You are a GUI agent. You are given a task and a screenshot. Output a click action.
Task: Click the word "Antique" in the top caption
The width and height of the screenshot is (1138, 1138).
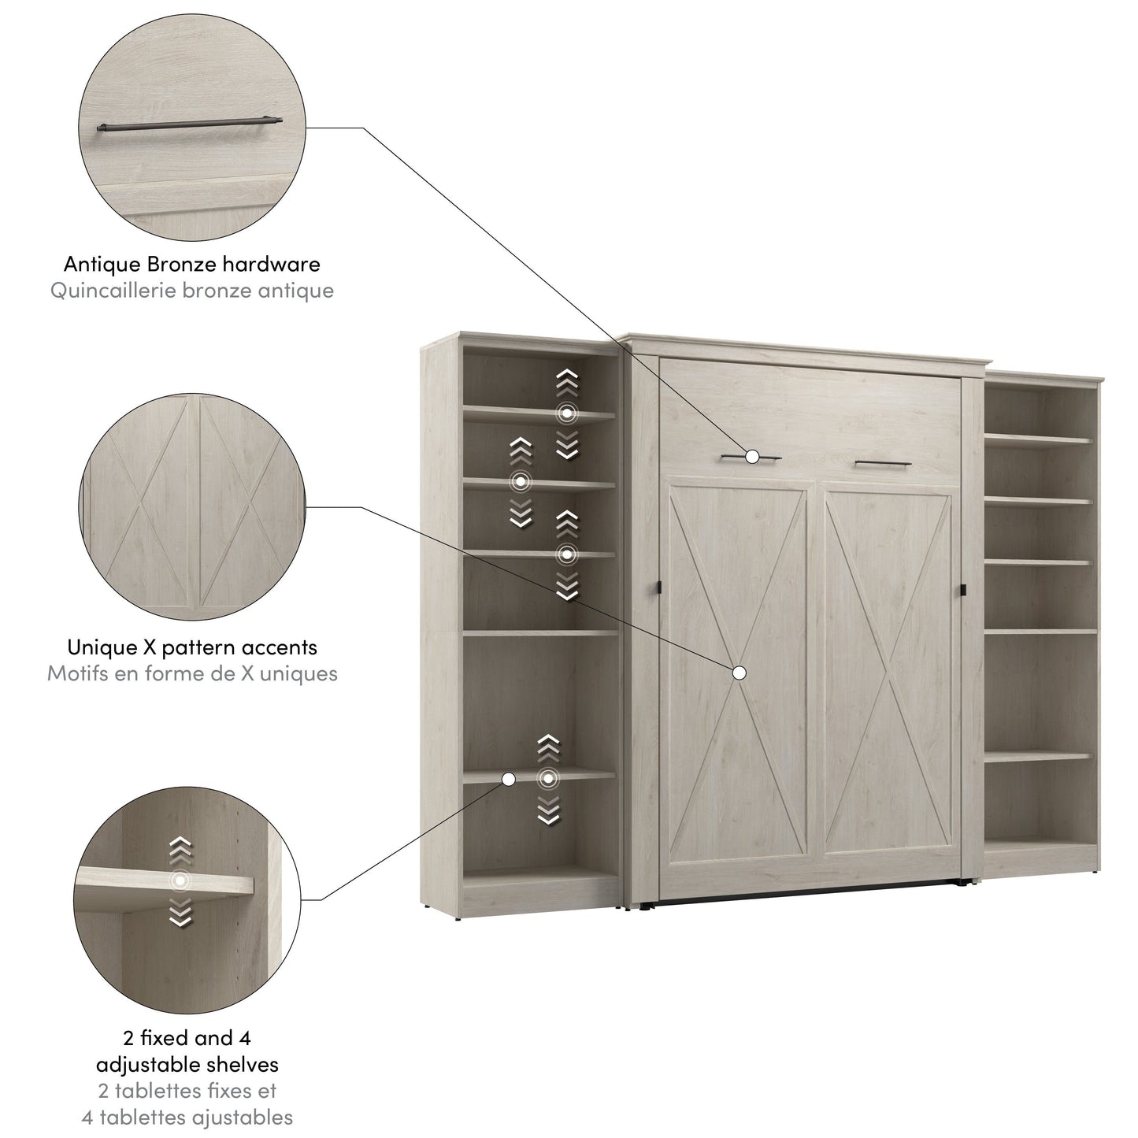102,264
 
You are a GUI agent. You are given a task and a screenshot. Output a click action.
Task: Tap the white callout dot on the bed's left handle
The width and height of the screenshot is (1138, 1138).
752,456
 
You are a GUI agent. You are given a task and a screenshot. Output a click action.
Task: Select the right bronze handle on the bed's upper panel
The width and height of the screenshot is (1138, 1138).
882,463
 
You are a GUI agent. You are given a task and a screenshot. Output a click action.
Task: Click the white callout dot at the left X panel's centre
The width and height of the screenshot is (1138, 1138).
739,673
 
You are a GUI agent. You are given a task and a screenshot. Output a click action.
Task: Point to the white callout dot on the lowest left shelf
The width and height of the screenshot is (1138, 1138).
508,779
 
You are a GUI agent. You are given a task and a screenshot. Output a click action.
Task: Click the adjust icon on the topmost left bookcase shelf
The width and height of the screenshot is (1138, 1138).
567,413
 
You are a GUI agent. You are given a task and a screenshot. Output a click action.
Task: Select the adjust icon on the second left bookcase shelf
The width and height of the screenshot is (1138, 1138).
521,482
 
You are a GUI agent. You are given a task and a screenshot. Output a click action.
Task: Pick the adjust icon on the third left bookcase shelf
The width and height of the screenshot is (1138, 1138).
567,555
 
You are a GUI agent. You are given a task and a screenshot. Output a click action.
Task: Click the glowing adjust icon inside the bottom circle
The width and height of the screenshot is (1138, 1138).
180,880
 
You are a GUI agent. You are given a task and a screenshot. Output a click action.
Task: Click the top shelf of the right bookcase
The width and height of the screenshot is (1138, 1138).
1038,439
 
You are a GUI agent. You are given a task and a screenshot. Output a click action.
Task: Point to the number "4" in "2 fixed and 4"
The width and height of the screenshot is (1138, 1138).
244,1038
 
